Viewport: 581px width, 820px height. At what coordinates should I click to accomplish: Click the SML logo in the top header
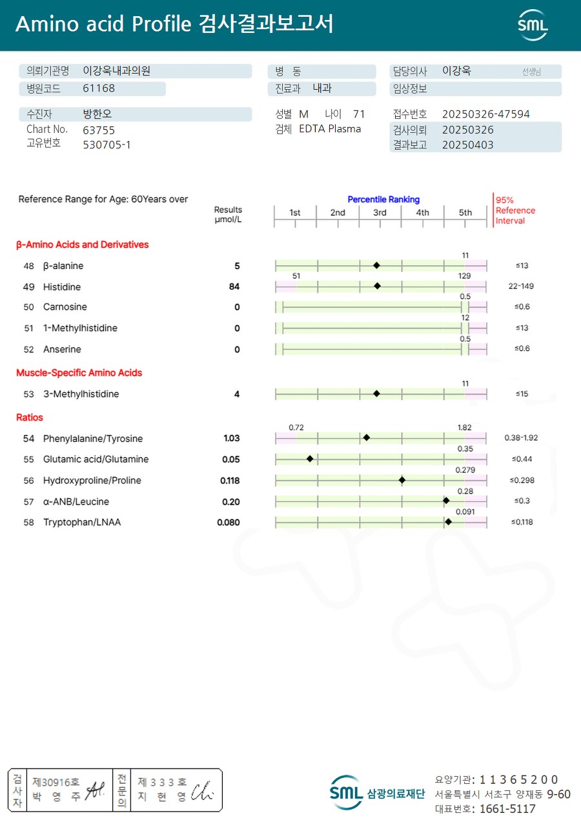(533, 25)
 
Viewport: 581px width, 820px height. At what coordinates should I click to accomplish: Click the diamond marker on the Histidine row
(377, 286)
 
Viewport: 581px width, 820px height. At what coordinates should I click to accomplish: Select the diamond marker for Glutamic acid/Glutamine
(310, 459)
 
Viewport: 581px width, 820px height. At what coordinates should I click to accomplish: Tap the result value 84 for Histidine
(234, 286)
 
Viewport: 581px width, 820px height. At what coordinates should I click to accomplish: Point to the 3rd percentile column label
(380, 213)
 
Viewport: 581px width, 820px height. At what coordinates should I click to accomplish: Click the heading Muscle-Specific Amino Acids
(79, 373)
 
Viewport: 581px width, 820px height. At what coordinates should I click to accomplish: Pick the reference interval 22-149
(521, 286)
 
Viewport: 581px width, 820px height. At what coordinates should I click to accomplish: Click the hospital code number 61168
(99, 88)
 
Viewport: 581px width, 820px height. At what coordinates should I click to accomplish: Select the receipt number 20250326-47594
(485, 114)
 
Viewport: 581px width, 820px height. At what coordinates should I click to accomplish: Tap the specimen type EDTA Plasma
(330, 129)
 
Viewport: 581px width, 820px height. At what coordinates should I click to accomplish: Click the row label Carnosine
(65, 307)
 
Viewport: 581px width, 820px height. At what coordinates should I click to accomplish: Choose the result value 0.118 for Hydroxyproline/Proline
(230, 481)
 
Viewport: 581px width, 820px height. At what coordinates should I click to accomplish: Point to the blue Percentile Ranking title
(383, 200)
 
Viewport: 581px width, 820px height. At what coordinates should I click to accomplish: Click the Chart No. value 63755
(99, 130)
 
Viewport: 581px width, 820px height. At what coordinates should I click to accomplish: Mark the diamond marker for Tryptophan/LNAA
(448, 521)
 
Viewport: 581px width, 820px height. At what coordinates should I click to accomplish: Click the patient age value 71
(359, 114)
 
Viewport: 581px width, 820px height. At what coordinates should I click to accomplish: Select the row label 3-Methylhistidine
(81, 394)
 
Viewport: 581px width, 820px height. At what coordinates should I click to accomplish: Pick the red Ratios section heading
(30, 417)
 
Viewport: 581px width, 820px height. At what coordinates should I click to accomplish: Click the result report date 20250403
(467, 145)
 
